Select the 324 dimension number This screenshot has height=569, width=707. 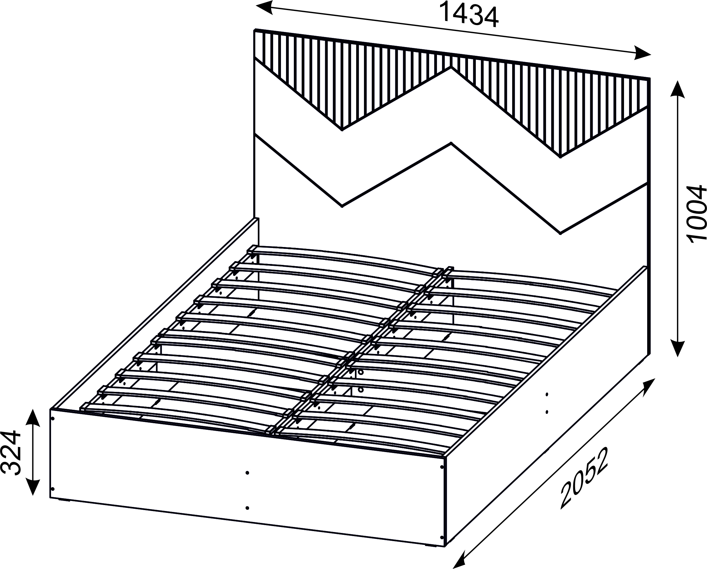click(x=12, y=454)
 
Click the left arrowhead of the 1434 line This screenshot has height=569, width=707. click(x=264, y=7)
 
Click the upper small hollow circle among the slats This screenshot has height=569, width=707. click(x=361, y=372)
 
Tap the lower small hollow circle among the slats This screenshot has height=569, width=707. click(x=361, y=390)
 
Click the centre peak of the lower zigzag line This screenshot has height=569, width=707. click(x=451, y=143)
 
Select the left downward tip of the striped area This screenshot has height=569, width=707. click(x=342, y=130)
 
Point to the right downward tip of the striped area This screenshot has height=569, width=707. click(x=560, y=157)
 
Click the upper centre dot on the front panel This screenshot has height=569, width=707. click(x=247, y=473)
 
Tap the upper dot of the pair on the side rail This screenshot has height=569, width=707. click(x=546, y=394)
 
